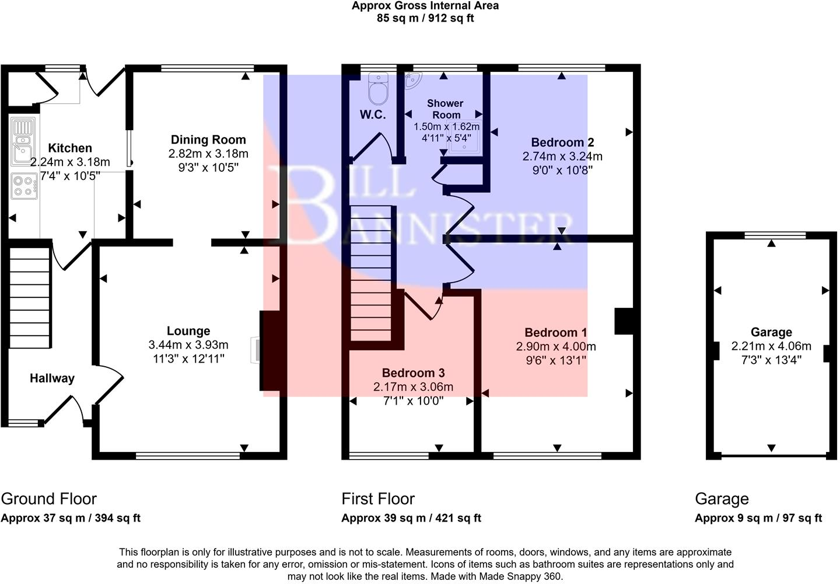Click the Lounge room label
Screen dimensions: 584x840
[188, 331]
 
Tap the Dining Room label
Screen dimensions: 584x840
[208, 140]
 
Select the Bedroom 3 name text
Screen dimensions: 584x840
[413, 373]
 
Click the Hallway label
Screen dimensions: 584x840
[52, 378]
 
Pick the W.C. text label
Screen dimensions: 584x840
[372, 114]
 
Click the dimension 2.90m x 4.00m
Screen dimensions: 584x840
[555, 346]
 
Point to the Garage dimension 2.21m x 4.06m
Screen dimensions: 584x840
[771, 346]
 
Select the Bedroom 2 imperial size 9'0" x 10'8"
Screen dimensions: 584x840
[562, 170]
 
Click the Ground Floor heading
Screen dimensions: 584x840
[48, 499]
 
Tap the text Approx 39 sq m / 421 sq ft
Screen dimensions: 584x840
[411, 518]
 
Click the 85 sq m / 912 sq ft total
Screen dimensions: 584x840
[425, 18]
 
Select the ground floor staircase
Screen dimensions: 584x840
[29, 298]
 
